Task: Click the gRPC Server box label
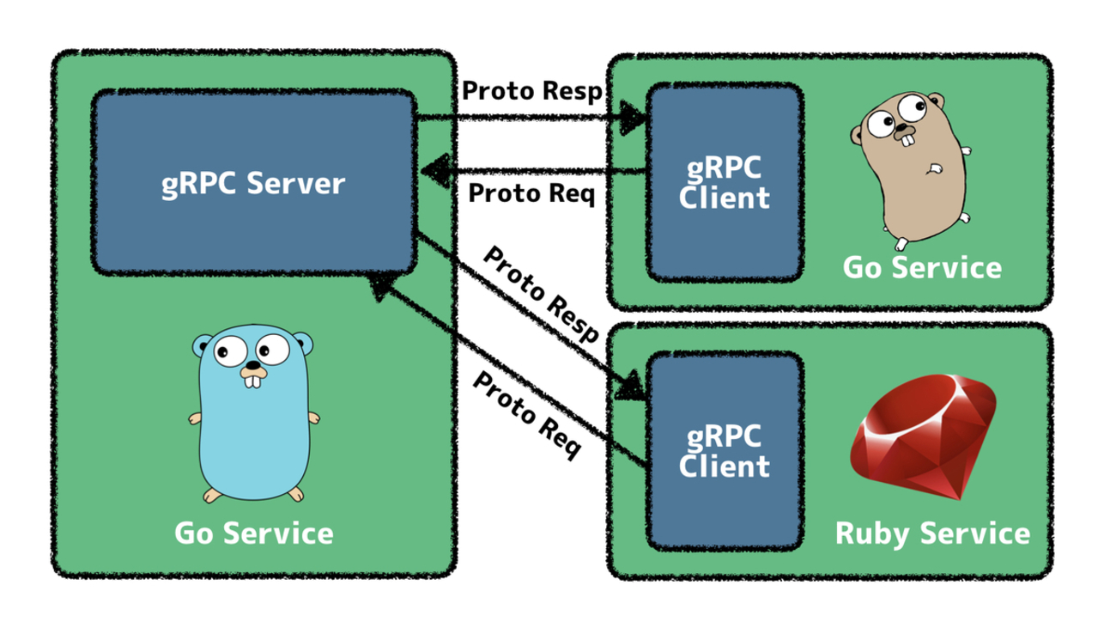coord(254,184)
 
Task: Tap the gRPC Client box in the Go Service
coord(724,182)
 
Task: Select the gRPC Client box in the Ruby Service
coord(724,452)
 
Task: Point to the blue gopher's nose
coord(252,363)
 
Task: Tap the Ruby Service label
coord(932,533)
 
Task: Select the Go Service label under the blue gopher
coord(254,533)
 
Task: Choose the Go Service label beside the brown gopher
coord(922,267)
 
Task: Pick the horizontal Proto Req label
coord(531,193)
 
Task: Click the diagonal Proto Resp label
coord(542,295)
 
